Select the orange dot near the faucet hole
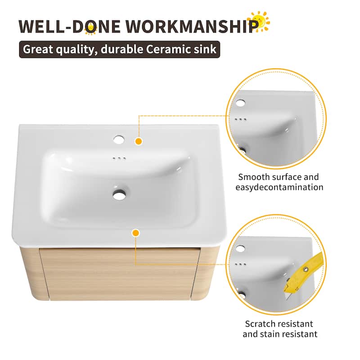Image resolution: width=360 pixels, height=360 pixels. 139,141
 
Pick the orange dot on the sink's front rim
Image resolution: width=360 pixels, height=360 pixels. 135,233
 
